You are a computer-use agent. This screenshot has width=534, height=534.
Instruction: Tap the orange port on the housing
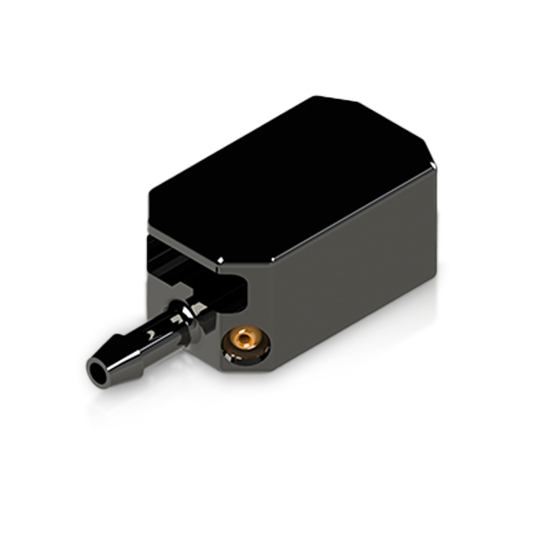[x=245, y=341]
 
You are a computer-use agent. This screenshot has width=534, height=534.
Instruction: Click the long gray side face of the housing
[x=346, y=277]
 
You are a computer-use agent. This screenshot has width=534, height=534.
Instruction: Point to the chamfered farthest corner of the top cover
[x=336, y=99]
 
